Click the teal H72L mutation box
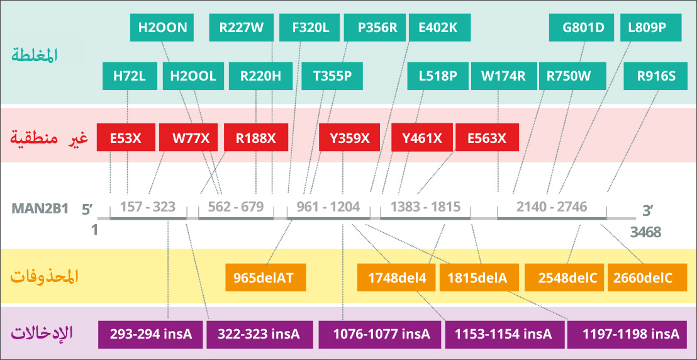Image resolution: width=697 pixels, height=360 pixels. point(130,76)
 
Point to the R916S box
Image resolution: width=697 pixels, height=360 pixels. point(656,76)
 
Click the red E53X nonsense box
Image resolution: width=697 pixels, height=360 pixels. point(126,137)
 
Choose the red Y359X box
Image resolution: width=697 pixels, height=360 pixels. point(349,137)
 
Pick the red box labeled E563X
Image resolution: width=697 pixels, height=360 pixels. point(487,137)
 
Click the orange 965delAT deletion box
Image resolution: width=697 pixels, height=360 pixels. point(266,278)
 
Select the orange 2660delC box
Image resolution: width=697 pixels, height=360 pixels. point(643,278)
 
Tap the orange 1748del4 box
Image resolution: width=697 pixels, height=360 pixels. point(396,278)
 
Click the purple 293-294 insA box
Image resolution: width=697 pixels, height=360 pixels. point(151,334)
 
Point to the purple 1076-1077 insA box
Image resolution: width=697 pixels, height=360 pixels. point(379,334)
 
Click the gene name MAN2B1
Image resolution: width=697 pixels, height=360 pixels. point(38,209)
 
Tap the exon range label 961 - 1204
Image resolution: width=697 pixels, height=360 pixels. point(328,207)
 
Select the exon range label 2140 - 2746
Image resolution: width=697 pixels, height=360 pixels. point(552,207)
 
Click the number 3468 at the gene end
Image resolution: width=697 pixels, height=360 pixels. point(645,232)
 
